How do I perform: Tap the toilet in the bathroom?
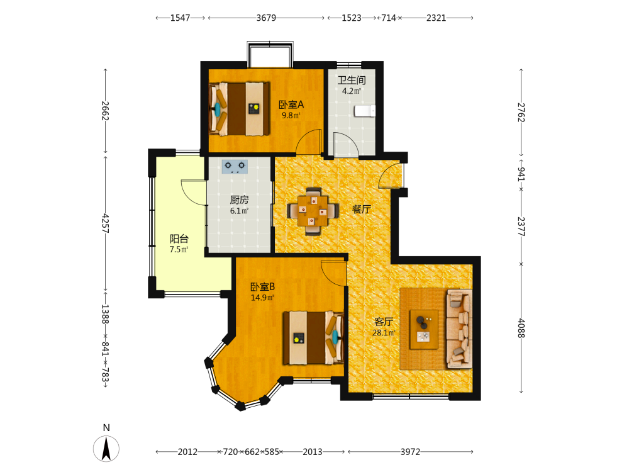(365, 111)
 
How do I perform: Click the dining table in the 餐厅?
(313, 211)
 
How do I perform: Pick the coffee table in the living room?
(423, 330)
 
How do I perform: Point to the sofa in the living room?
(459, 329)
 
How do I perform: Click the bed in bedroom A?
(239, 109)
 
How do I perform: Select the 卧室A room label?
(291, 104)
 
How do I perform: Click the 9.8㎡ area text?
(291, 116)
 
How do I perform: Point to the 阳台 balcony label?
(179, 239)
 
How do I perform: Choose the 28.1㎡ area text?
(384, 333)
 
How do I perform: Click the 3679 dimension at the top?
(266, 18)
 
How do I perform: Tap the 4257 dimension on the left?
(105, 223)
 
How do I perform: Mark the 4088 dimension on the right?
(521, 329)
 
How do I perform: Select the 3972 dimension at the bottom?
(410, 452)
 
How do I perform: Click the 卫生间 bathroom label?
(352, 81)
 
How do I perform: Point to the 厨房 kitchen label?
(239, 199)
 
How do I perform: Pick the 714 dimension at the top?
(388, 18)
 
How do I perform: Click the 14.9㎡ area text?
(262, 298)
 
